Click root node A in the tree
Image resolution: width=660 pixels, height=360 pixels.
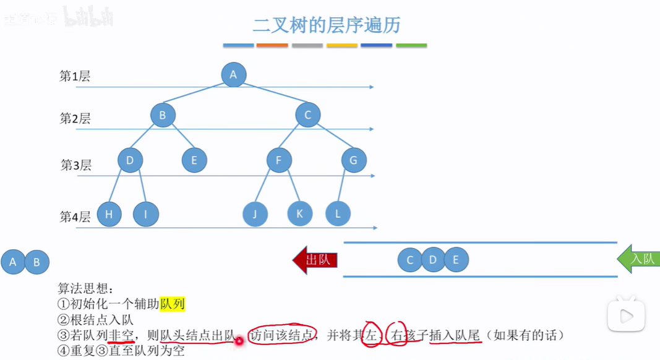point(233,75)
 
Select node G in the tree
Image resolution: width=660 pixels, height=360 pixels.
point(354,161)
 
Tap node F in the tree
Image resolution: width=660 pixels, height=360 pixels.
point(279,161)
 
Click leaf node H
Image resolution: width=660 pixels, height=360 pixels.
point(109,214)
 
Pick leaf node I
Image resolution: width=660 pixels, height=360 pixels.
point(146,214)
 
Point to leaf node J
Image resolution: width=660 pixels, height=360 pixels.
point(255,214)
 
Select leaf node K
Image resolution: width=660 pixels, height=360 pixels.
point(300,213)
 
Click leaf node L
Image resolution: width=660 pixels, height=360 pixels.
point(338,213)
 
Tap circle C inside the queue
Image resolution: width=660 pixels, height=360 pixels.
point(409,260)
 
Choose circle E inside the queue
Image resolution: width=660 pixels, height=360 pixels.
point(456,260)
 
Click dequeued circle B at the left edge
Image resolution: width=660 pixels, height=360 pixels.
point(37,262)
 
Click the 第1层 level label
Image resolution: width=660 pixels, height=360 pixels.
point(75,77)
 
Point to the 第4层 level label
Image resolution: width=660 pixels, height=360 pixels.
point(75,216)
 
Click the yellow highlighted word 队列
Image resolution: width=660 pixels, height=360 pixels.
point(173,304)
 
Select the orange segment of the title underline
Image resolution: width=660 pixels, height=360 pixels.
point(272,45)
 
